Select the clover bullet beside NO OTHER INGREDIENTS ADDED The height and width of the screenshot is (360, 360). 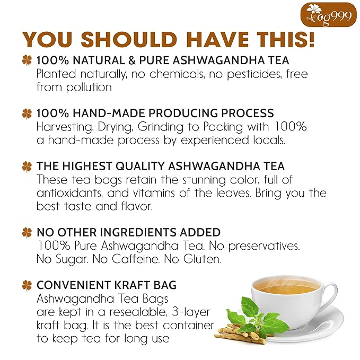coord(27,233)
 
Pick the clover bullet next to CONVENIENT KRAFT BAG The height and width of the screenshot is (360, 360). coord(27,286)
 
